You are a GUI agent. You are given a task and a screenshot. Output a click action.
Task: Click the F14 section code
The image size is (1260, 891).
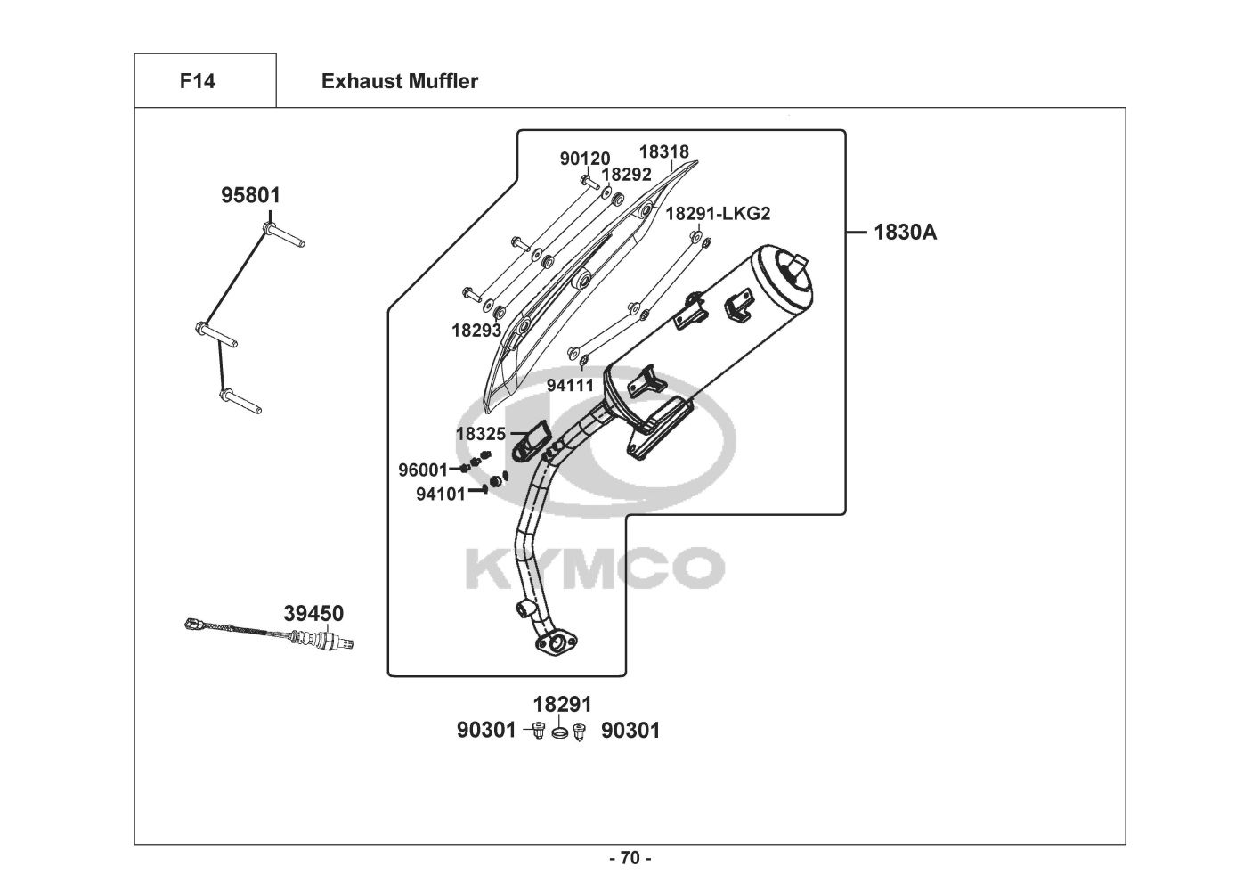[x=197, y=81]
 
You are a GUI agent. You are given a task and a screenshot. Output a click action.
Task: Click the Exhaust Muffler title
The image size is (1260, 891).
[x=399, y=81]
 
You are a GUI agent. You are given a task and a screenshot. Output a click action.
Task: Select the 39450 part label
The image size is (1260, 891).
[x=313, y=614]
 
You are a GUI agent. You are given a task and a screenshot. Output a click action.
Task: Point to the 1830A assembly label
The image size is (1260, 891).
[x=905, y=233]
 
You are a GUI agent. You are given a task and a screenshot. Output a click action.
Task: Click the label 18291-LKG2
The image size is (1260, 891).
[x=718, y=214]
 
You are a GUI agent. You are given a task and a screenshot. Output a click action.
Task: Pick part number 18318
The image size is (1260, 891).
[x=663, y=152]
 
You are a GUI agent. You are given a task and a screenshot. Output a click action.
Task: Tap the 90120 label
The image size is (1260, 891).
[x=585, y=159]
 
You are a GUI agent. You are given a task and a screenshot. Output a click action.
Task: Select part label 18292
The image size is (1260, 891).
[x=626, y=176]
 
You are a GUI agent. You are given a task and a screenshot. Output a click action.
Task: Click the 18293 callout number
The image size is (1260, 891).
[x=476, y=331]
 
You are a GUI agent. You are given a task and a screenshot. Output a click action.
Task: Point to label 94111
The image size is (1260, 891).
[x=570, y=386]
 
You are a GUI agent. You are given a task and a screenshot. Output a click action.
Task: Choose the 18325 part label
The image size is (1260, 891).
[x=481, y=434]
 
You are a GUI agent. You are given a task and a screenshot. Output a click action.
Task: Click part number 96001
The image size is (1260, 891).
[x=423, y=470]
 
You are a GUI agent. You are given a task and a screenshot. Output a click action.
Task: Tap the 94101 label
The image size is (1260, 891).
[x=441, y=494]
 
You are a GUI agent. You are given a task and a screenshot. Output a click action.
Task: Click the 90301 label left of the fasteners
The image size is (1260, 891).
[x=486, y=731]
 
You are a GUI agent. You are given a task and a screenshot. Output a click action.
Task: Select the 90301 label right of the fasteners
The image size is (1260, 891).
[x=630, y=731]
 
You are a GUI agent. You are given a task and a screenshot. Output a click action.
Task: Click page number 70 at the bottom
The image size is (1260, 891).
[x=630, y=859]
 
